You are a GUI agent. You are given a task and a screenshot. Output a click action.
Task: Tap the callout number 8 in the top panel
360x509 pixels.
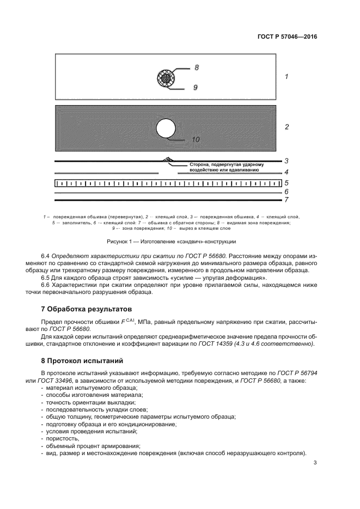(x=197, y=68)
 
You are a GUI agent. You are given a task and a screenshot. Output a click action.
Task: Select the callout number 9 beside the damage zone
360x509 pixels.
(x=195, y=87)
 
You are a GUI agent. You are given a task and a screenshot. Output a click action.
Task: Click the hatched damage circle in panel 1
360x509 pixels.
(x=165, y=77)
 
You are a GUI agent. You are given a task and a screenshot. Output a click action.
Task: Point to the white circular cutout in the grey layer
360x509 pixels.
(x=166, y=128)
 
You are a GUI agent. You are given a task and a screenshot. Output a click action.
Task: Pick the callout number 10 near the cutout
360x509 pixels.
(x=196, y=139)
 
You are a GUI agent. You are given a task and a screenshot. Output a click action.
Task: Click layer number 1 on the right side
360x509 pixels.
(x=286, y=77)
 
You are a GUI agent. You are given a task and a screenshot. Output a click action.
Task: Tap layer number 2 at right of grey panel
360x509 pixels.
(x=286, y=127)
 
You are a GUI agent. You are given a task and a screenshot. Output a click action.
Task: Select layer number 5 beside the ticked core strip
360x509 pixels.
(x=286, y=183)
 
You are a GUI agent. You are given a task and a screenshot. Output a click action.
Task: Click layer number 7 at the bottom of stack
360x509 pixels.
(x=286, y=200)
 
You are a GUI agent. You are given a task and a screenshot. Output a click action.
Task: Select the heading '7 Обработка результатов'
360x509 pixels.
(x=82, y=309)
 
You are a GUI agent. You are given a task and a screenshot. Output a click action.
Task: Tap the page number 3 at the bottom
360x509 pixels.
(x=315, y=463)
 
